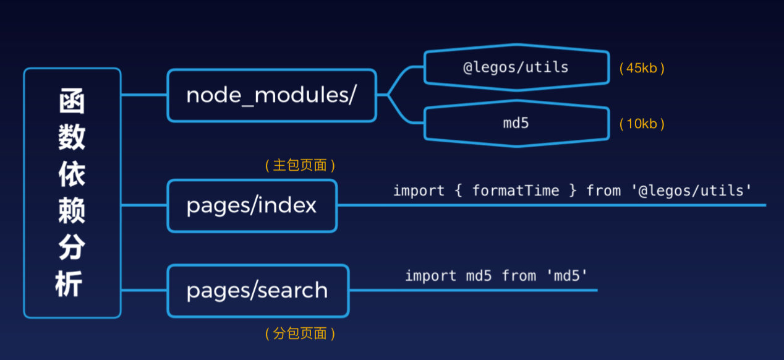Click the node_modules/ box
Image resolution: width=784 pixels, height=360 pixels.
[x=272, y=95]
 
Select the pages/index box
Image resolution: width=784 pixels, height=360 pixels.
[x=252, y=205]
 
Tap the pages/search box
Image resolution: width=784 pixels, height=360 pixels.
[x=258, y=291]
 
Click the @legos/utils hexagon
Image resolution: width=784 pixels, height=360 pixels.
[x=517, y=67]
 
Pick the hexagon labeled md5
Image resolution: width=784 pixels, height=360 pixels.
[x=517, y=123]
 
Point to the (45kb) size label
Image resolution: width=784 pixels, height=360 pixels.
[x=642, y=68]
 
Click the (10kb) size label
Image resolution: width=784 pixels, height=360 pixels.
[x=642, y=124]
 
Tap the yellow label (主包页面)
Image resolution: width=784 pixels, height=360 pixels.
[x=300, y=165]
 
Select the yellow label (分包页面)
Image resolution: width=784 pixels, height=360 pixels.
[x=300, y=333]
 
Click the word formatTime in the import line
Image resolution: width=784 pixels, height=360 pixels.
[x=516, y=191]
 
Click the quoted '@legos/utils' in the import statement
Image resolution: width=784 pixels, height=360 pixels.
[x=691, y=191]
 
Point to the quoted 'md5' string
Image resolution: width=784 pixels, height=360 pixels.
[x=566, y=276]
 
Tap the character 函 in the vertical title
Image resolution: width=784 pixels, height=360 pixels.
[x=72, y=101]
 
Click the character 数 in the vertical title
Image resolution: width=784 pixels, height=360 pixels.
[x=72, y=137]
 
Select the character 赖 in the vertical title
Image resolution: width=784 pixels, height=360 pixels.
[x=72, y=210]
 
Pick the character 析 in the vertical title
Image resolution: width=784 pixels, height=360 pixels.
[x=69, y=284]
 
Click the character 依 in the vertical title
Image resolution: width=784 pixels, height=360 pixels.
[x=72, y=174]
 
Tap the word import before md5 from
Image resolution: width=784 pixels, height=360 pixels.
[x=430, y=276]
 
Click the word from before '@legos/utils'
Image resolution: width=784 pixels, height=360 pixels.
[x=603, y=191]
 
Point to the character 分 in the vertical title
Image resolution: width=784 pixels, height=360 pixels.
[x=72, y=247]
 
